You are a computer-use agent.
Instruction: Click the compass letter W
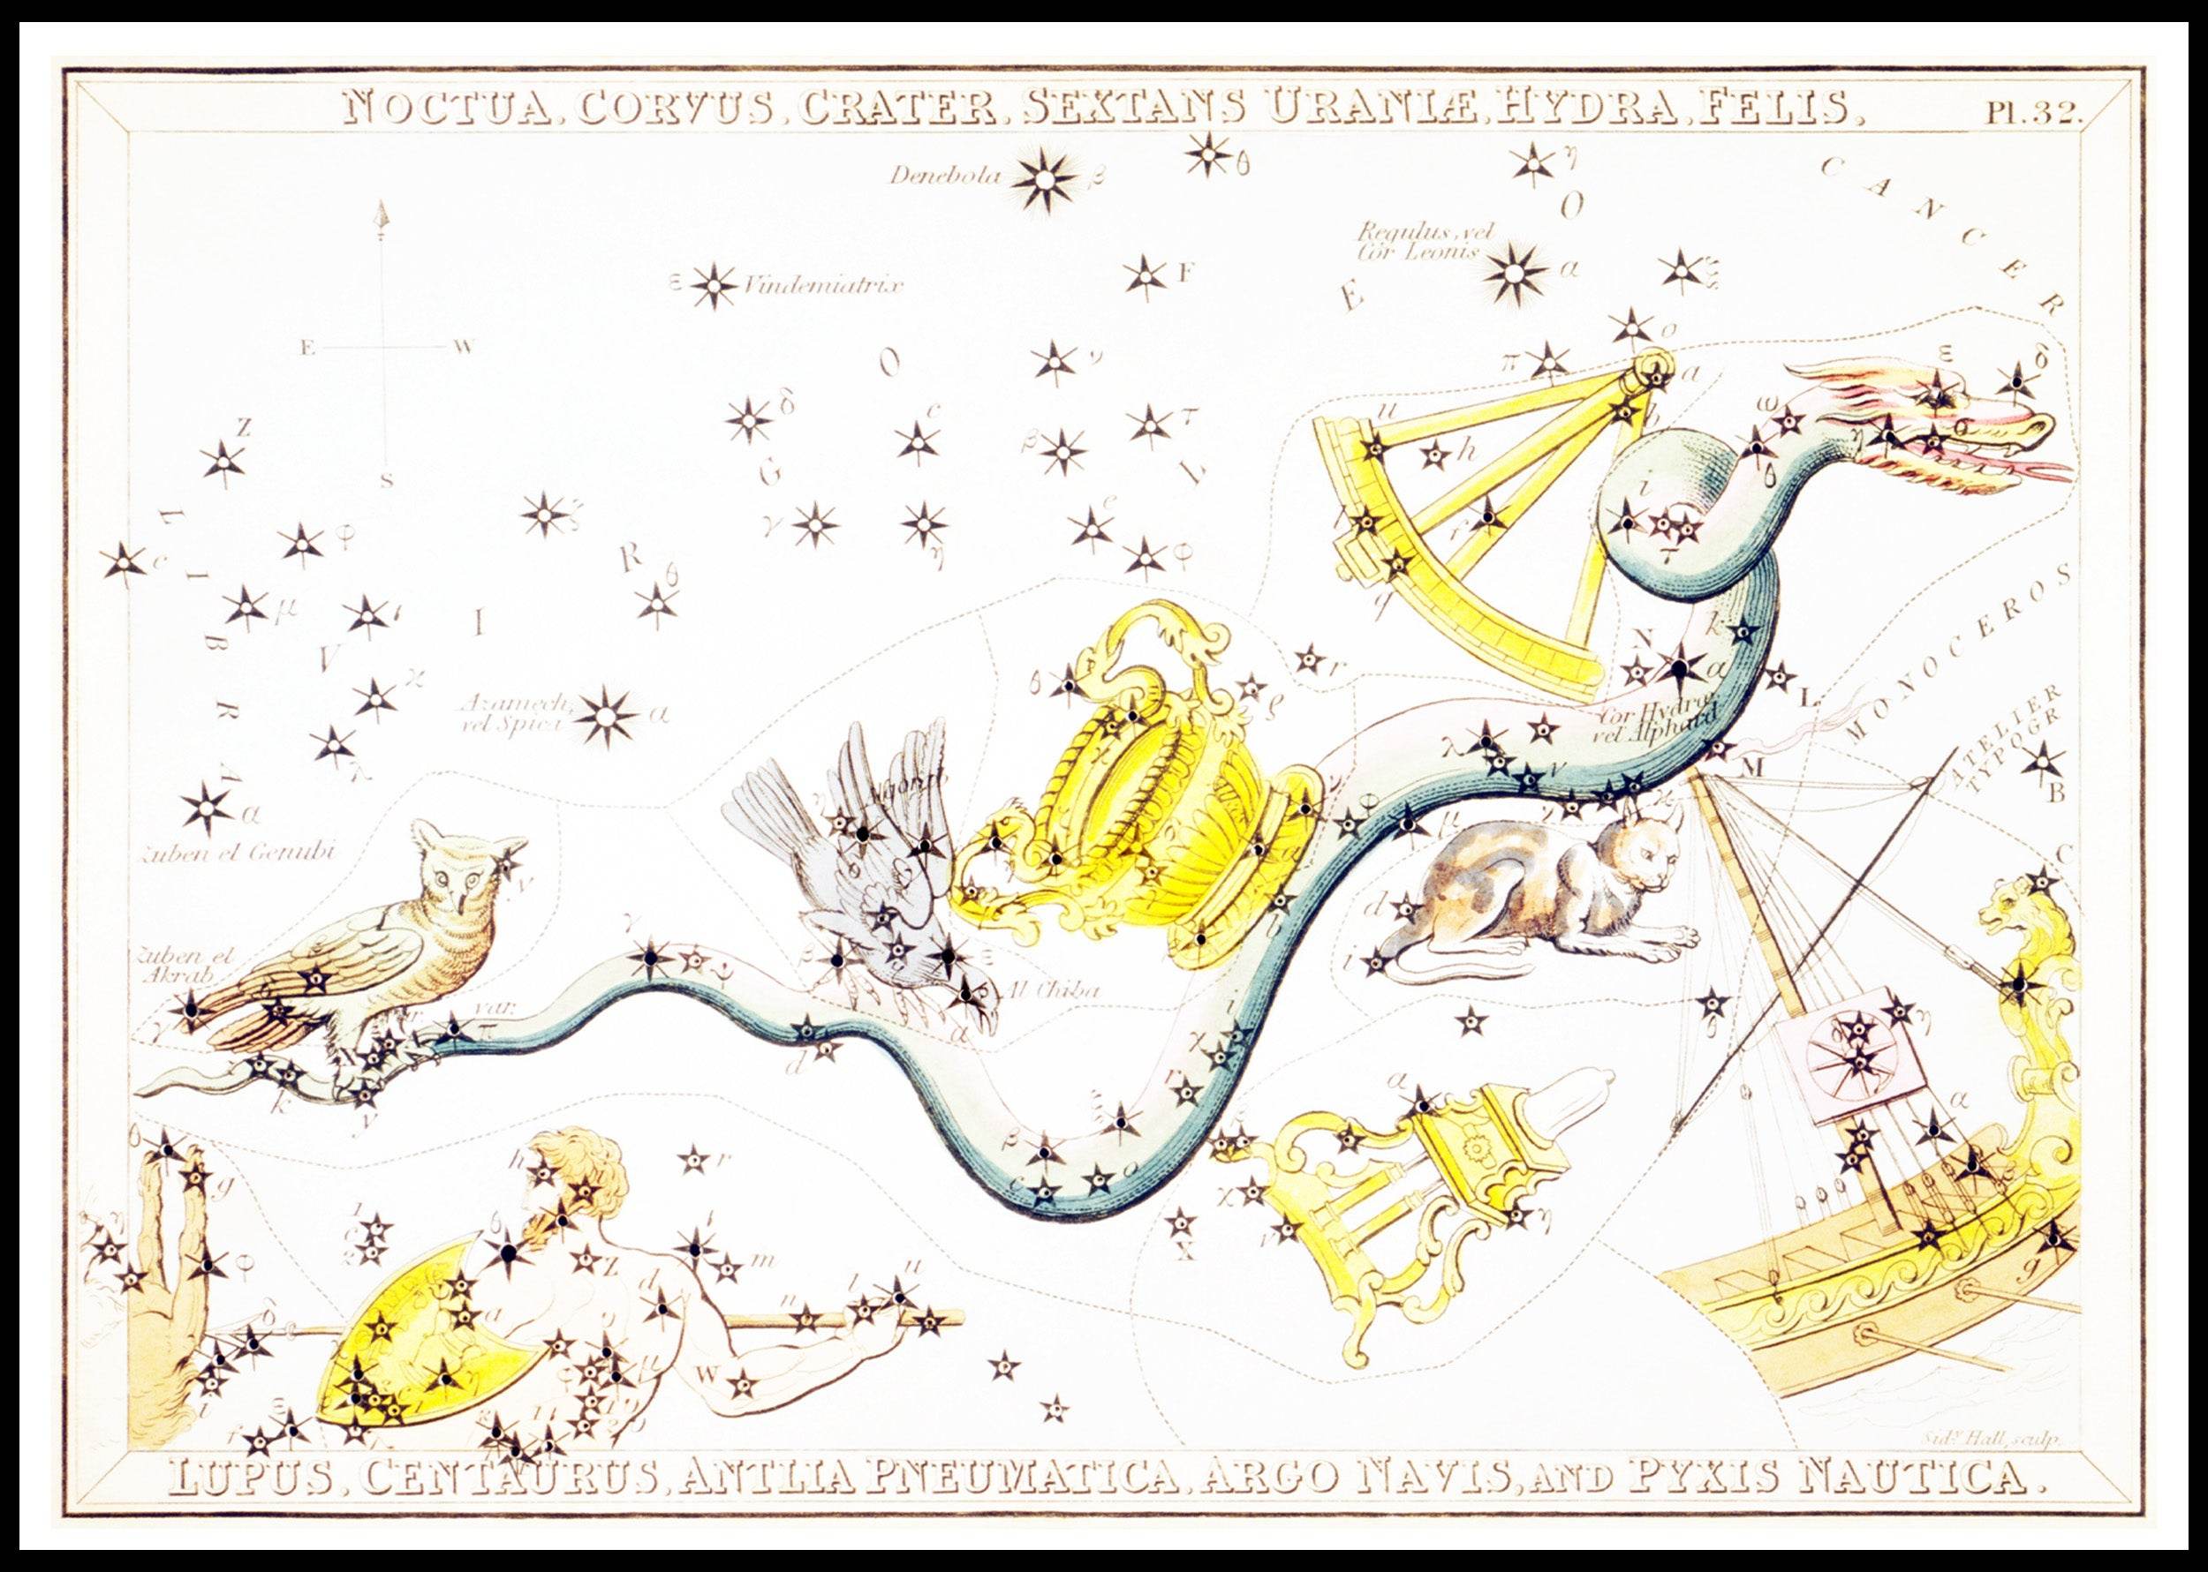462,347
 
